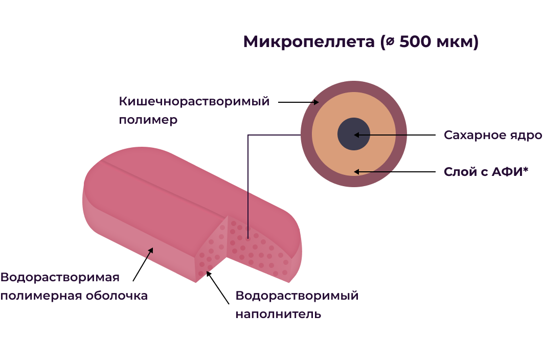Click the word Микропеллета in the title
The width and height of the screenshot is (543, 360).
click(308, 42)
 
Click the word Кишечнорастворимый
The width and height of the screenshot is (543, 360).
click(194, 101)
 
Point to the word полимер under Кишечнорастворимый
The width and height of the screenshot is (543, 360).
click(148, 120)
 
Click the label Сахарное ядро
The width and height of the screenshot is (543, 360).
click(492, 136)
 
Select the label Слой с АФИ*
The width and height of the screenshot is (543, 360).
click(485, 172)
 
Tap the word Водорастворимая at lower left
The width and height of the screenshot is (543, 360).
click(60, 278)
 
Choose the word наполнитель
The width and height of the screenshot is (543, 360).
click(278, 314)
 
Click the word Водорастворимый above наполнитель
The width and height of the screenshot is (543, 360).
click(297, 296)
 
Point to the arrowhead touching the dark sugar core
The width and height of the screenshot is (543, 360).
click(357, 135)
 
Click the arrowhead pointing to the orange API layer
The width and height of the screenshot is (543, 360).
click(357, 172)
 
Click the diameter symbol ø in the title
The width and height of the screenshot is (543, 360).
click(390, 42)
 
